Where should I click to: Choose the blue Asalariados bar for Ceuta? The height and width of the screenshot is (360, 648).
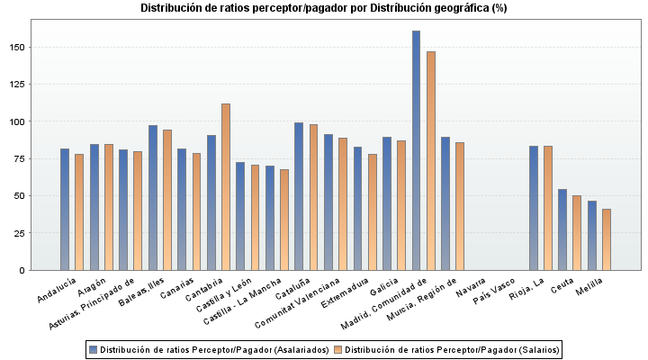(x=562, y=229)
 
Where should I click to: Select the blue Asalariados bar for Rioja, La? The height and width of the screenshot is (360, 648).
(x=533, y=208)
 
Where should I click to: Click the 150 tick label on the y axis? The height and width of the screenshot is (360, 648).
(x=17, y=47)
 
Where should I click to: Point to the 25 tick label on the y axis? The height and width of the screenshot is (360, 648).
(x=20, y=233)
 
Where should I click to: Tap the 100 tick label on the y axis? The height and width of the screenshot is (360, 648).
(x=17, y=121)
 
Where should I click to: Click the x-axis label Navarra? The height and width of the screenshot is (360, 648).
(x=471, y=288)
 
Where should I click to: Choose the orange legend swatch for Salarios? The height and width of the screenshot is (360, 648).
(x=337, y=348)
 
